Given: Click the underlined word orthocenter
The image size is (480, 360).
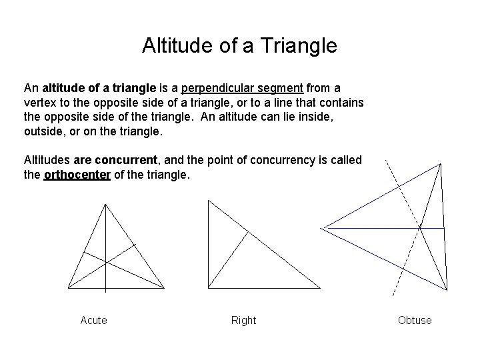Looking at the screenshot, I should (77, 175).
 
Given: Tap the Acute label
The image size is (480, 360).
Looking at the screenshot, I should (93, 321).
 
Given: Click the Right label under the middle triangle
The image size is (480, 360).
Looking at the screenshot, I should (243, 321).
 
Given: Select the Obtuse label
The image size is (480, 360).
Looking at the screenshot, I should (415, 321).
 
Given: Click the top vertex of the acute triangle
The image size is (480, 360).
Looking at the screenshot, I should (105, 203).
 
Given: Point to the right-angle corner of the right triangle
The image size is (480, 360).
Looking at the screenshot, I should (209, 288).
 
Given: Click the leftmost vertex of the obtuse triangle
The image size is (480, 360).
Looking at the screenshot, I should (323, 228).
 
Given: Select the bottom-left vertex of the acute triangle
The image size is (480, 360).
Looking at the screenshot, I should (67, 288).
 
